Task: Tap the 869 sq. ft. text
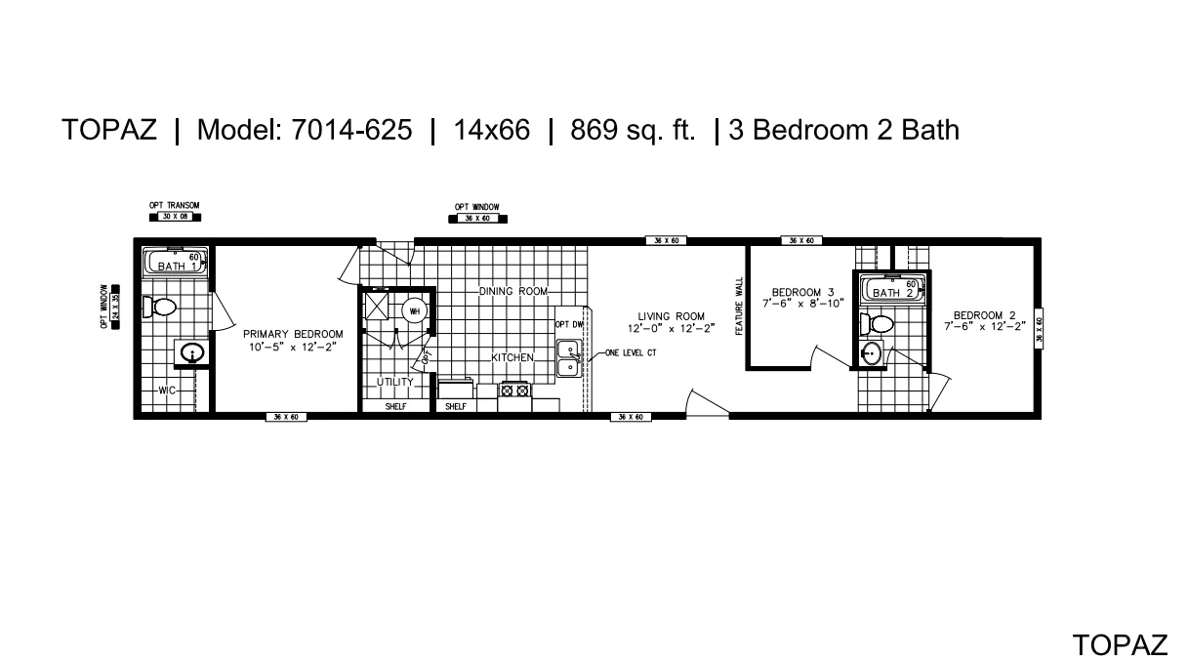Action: [x=634, y=131]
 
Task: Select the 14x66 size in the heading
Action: [x=492, y=131]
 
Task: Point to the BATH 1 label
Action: [x=177, y=267]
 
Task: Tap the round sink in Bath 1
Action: [x=191, y=353]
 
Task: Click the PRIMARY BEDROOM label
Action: [x=293, y=334]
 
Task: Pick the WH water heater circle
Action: [x=414, y=310]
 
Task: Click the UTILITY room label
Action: [x=395, y=382]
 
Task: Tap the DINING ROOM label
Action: [x=513, y=292]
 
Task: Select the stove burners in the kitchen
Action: [x=514, y=391]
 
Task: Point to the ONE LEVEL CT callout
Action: [x=630, y=352]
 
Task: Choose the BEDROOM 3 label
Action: [x=802, y=292]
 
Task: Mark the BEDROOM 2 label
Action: [x=985, y=315]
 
